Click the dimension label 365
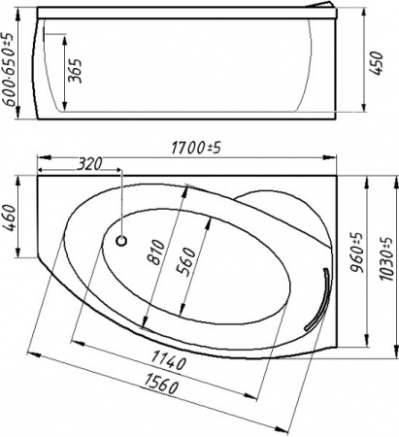75,72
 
